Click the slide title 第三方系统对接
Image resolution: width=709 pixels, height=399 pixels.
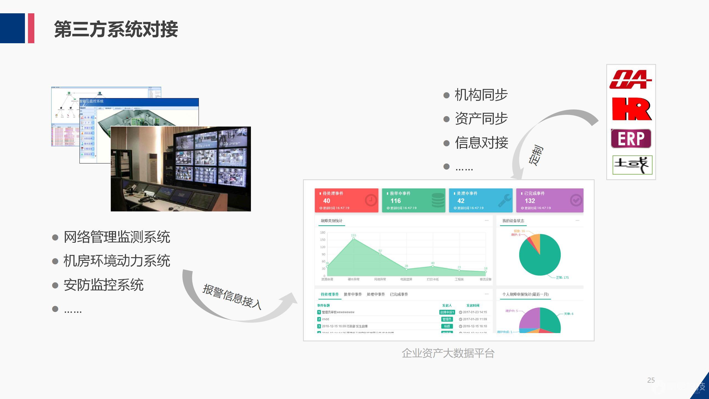point(116,29)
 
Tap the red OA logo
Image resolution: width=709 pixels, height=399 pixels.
point(630,80)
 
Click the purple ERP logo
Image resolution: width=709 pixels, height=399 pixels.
point(631,139)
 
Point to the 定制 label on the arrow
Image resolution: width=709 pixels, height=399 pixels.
point(536,155)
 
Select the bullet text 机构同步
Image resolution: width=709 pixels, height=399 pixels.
point(481,95)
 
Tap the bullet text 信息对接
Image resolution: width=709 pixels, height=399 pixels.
point(481,143)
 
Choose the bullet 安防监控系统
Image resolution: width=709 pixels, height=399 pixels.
point(103,285)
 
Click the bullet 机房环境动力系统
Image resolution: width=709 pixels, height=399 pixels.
point(117,261)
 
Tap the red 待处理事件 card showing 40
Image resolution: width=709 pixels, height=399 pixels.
point(346,200)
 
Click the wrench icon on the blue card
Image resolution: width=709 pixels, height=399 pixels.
point(504,200)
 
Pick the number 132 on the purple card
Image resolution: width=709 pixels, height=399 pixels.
point(530,201)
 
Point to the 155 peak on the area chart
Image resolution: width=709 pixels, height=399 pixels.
point(353,238)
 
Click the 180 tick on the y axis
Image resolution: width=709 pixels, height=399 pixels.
point(323,232)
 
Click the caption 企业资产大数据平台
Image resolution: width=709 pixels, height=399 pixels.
point(448,353)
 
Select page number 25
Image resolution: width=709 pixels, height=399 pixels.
point(651,380)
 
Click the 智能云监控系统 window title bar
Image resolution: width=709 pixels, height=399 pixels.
point(138,101)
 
